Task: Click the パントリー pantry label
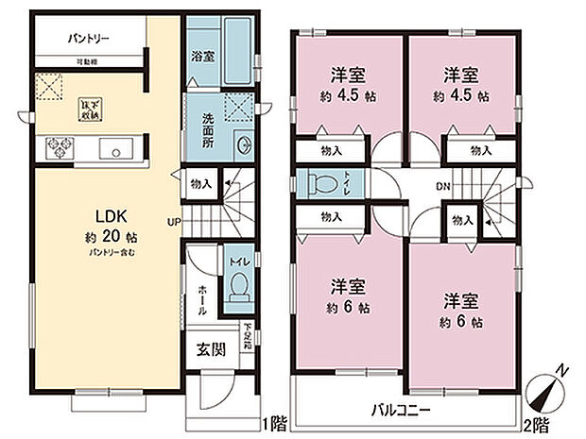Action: (90, 40)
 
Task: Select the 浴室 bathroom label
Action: (201, 56)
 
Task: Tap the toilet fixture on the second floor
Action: (316, 181)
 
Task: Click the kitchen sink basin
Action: (116, 148)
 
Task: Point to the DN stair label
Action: (441, 186)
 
